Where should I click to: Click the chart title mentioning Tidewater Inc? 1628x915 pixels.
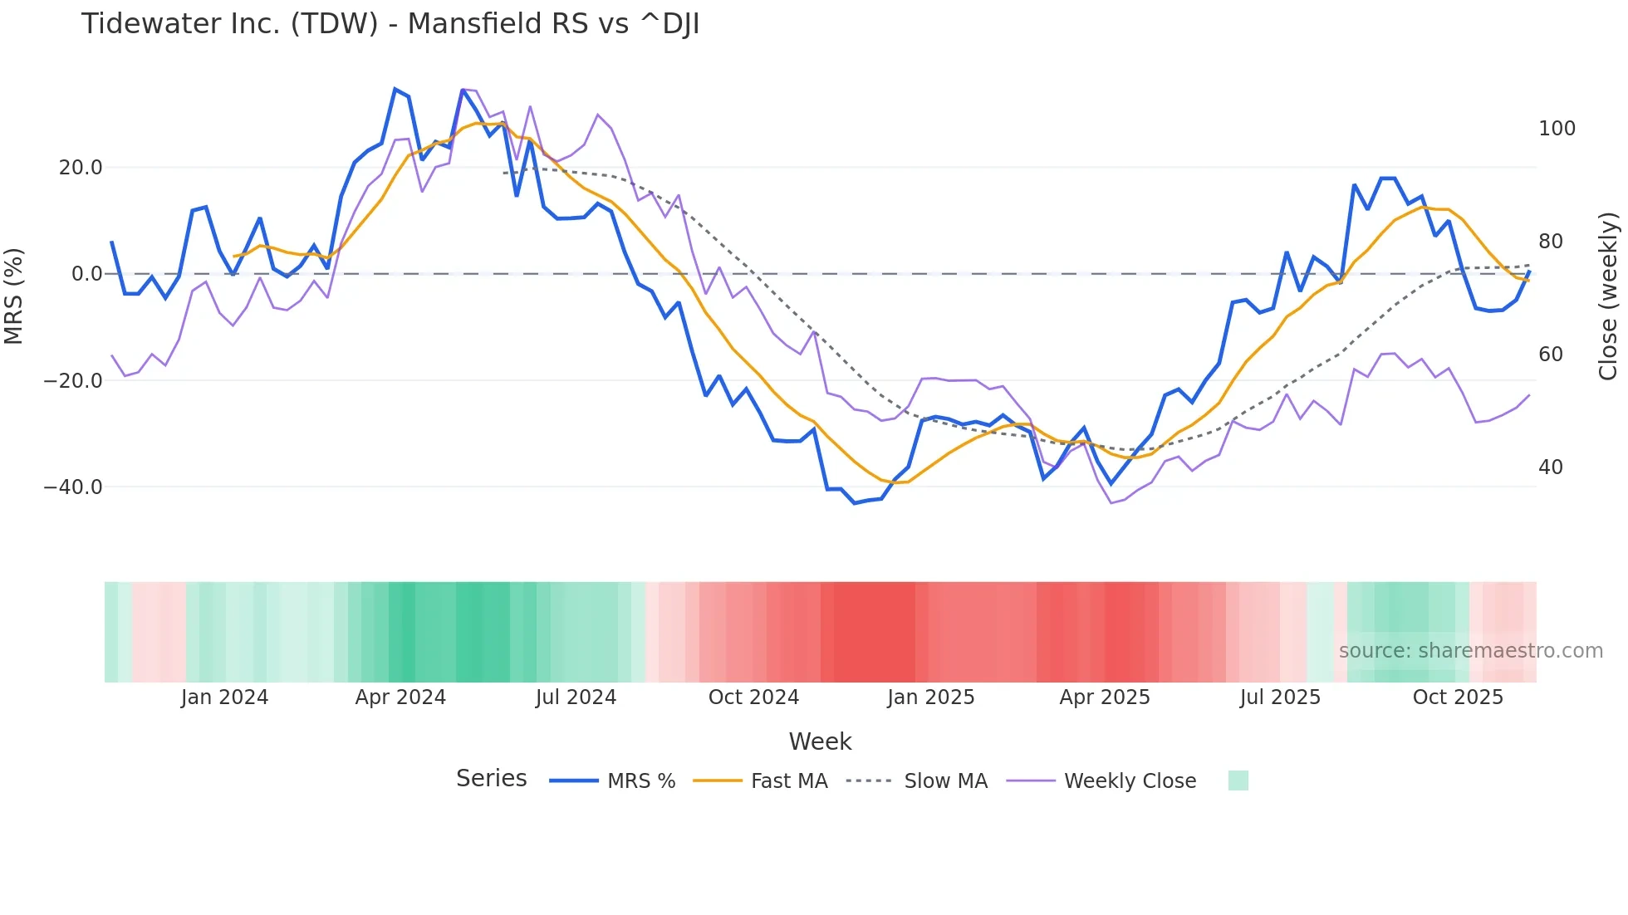390,24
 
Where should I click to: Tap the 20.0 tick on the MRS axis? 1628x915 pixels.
81,168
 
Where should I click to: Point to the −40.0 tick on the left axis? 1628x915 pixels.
73,487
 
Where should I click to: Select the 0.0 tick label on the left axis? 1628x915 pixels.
86,274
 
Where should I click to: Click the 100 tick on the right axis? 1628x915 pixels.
1557,129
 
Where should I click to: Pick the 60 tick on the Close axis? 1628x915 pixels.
1551,355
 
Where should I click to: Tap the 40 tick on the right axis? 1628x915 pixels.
1551,467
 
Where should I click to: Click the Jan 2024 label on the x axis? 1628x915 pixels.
224,697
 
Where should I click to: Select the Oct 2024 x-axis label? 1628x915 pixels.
753,697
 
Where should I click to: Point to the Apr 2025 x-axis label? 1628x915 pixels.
1105,697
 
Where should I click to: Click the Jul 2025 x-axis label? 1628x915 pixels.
1280,697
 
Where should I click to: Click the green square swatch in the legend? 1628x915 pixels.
1238,780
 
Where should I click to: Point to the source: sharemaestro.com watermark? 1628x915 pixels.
1470,651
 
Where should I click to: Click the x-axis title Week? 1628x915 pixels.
820,741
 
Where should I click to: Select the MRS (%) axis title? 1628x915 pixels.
14,296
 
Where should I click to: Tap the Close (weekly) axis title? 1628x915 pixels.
1608,296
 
